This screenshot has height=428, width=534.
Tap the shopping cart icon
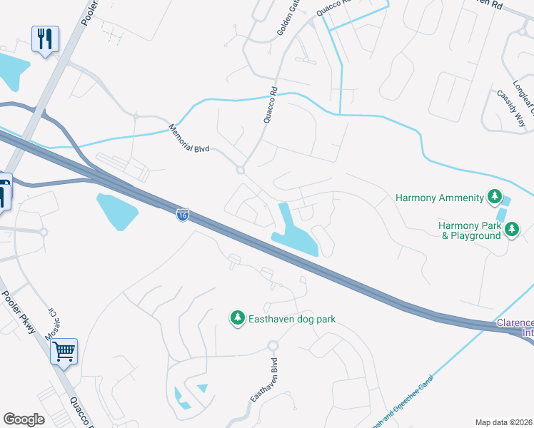click(64, 350)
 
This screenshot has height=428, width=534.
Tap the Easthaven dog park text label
click(291, 319)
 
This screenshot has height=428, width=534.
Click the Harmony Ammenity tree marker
click(493, 196)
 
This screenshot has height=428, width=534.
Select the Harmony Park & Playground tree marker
click(511, 228)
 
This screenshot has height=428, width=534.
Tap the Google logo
click(24, 419)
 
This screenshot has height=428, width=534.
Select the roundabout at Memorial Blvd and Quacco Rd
click(241, 170)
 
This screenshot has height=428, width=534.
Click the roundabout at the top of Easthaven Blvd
click(272, 346)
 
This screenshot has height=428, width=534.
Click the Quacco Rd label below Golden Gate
click(270, 105)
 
